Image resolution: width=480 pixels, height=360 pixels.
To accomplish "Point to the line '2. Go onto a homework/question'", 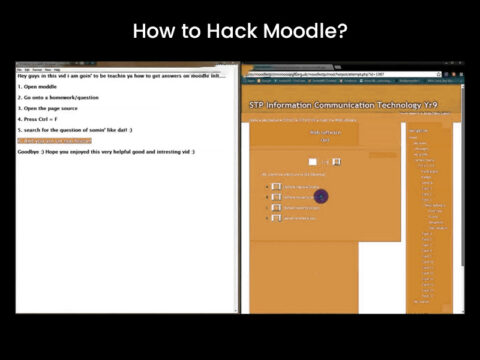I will click(61, 97).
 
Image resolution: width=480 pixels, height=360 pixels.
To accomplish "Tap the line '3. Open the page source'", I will click(50, 108).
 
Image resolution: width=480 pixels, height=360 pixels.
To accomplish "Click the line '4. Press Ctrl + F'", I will click(44, 119).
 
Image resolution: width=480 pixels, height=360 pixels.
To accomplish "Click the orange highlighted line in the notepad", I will click(55, 140).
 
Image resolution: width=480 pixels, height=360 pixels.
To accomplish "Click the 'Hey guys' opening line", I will click(120, 75).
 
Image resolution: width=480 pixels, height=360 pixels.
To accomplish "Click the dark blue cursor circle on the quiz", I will click(321, 196).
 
